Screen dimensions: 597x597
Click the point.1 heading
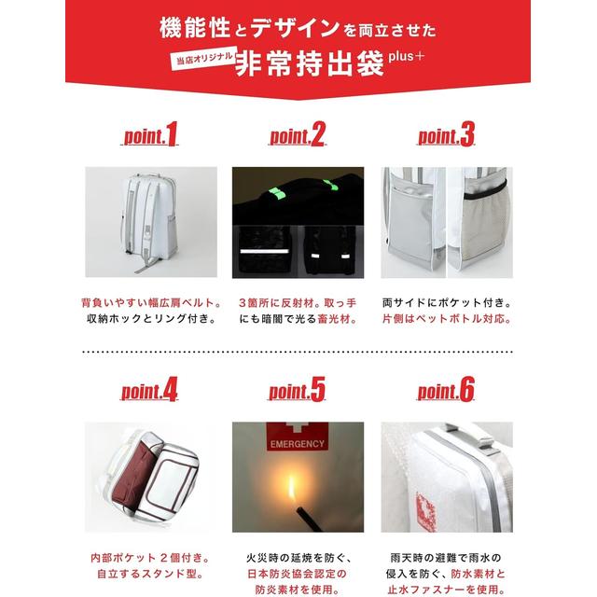pos(150,134)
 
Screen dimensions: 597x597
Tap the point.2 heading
pos(298,134)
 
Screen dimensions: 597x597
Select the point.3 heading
pos(446,134)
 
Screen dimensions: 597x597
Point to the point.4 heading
pos(149,390)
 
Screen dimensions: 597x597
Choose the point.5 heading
pos(297,390)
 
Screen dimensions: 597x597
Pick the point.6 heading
pos(446,390)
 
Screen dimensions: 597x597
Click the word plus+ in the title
pos(407,56)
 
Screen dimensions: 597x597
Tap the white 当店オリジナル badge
pos(204,58)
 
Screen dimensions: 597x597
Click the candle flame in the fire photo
pos(291,489)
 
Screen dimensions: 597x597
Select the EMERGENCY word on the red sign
pos(298,444)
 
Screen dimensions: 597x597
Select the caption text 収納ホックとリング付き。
pos(151,318)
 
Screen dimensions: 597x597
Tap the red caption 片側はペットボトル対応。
pos(447,318)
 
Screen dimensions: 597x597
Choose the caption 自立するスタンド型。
pos(149,574)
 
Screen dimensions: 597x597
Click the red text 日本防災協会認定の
pos(298,574)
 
